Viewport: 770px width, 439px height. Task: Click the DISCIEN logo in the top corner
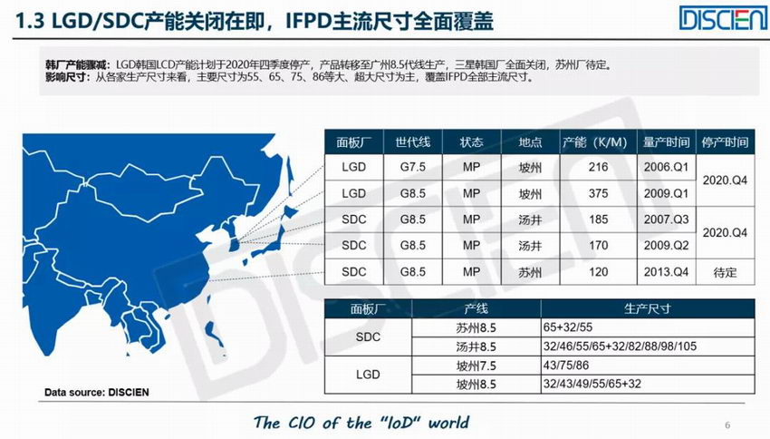click(724, 18)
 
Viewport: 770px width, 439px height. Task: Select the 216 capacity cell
click(598, 167)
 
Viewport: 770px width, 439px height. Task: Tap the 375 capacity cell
click(598, 194)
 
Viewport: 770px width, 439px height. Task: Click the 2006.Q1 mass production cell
click(667, 167)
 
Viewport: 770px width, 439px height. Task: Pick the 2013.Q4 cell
click(667, 272)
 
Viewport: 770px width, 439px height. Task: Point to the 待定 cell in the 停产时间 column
click(725, 272)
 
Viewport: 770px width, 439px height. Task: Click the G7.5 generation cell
click(412, 167)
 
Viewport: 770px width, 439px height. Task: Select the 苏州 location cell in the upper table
click(530, 272)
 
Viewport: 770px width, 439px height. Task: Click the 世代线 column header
click(412, 142)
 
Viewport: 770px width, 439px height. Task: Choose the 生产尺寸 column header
click(647, 308)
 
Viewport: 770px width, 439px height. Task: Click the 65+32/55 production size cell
click(647, 327)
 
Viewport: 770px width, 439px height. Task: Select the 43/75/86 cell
click(647, 366)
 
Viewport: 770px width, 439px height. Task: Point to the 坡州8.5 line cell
click(476, 384)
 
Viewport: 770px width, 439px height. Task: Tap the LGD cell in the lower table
click(368, 375)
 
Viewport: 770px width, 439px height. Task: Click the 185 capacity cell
click(598, 219)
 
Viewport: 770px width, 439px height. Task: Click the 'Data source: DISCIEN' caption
click(97, 393)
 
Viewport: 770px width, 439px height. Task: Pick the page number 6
click(727, 425)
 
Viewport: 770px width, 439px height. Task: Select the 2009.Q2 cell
click(667, 245)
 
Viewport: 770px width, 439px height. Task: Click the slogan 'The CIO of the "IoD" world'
click(361, 423)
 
